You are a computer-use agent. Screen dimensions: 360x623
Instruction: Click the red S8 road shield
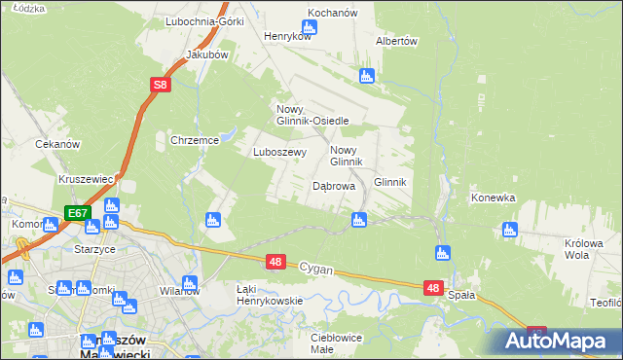point(162,86)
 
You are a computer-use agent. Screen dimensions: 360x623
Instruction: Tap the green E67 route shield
point(79,212)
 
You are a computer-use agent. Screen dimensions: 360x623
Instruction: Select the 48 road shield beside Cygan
point(275,262)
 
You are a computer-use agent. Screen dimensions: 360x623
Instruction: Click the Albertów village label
point(396,41)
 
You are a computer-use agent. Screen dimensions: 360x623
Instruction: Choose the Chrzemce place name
point(194,140)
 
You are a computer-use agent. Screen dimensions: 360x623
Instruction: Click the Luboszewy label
point(280,152)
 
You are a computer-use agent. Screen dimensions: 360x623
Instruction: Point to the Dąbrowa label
point(333,186)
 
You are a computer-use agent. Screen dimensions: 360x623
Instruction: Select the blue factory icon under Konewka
point(509,230)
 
